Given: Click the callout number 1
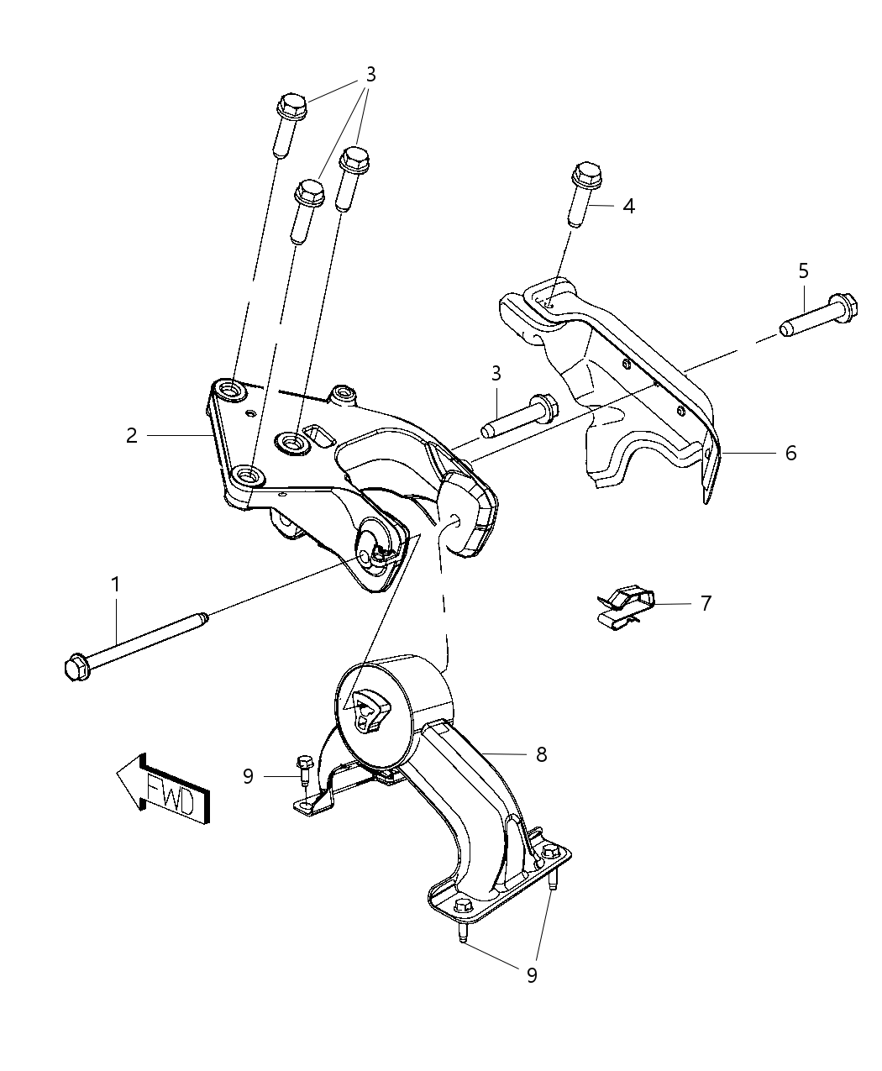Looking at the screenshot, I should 116,582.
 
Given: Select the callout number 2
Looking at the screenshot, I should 132,435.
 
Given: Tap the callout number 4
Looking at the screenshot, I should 628,206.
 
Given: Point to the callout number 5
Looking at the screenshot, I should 804,270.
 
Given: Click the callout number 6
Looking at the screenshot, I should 790,454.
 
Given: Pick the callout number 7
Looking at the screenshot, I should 706,603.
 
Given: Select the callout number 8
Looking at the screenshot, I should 541,754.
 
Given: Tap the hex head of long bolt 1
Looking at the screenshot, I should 76,668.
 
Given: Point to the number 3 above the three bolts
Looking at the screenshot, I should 370,75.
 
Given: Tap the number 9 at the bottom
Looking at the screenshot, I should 531,974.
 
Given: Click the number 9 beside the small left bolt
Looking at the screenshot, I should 248,776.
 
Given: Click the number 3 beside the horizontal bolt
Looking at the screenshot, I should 496,372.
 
